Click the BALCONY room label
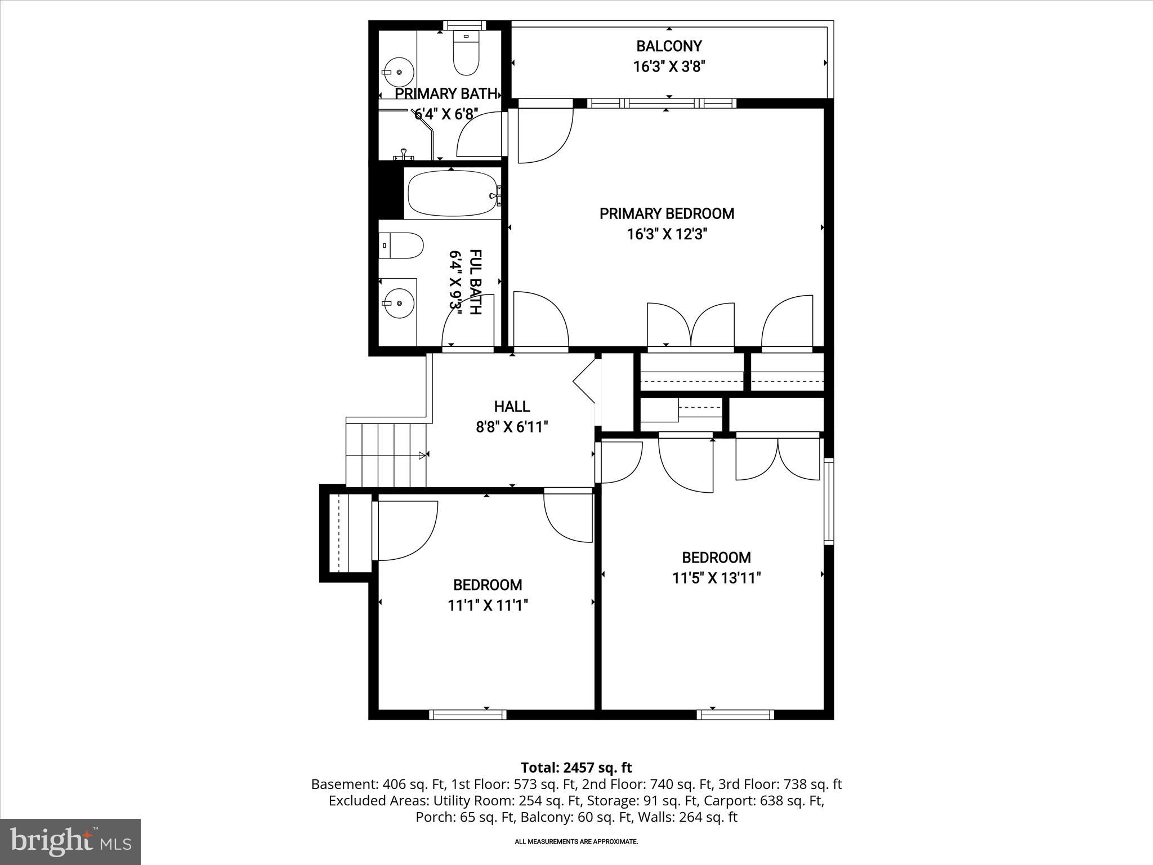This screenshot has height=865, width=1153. pyautogui.click(x=669, y=46)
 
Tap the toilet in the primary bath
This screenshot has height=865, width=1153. pyautogui.click(x=466, y=55)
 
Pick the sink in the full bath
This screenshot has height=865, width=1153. pyautogui.click(x=398, y=303)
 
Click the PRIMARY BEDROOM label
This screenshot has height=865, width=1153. pyautogui.click(x=667, y=213)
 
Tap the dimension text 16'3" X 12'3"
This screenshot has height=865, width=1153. pyautogui.click(x=667, y=234)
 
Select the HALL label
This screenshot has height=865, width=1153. pyautogui.click(x=512, y=406)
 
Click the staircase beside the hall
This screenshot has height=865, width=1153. pyautogui.click(x=386, y=455)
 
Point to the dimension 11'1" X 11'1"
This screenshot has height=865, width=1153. pyautogui.click(x=488, y=605)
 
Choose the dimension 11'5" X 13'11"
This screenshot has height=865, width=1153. pyautogui.click(x=716, y=578)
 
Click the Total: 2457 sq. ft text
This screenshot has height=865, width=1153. pyautogui.click(x=576, y=768)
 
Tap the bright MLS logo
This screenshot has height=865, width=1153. pyautogui.click(x=70, y=841)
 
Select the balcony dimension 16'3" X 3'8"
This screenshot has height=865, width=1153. pyautogui.click(x=669, y=66)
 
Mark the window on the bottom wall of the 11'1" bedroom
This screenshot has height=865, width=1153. pyautogui.click(x=468, y=715)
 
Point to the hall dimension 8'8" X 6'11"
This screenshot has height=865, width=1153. pyautogui.click(x=512, y=427)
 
